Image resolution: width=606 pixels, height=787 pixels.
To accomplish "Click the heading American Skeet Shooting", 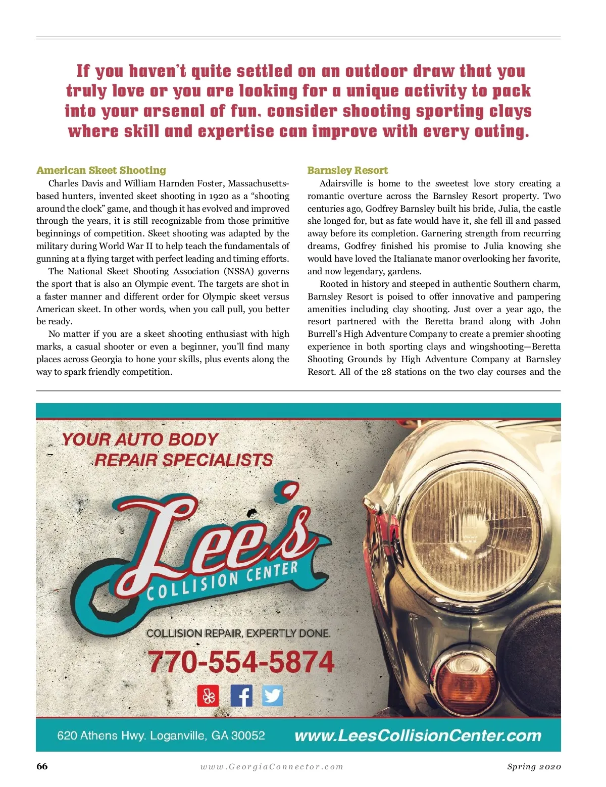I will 101,170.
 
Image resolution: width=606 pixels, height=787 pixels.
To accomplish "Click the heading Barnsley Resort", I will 347,170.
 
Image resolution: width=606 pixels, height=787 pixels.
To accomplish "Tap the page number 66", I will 42,766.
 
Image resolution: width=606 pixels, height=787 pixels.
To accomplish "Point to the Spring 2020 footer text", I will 534,767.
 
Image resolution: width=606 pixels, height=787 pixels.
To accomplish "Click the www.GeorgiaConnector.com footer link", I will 272,767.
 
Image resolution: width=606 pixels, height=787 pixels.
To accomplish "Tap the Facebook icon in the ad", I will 241,696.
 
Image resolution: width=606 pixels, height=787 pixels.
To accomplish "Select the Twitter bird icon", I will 272,696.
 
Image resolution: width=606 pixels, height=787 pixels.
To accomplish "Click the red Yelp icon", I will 208,696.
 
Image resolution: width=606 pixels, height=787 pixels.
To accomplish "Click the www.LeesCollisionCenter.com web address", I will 418,735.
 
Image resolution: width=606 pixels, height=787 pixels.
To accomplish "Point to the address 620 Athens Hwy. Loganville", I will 161,735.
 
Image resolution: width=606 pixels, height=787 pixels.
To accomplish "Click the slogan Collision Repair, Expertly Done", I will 238,633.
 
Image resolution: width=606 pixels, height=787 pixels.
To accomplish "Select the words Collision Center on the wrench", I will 222,581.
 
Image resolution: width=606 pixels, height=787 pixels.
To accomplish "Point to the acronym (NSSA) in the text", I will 239,271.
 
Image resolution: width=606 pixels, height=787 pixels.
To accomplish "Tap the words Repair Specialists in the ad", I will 183,460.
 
